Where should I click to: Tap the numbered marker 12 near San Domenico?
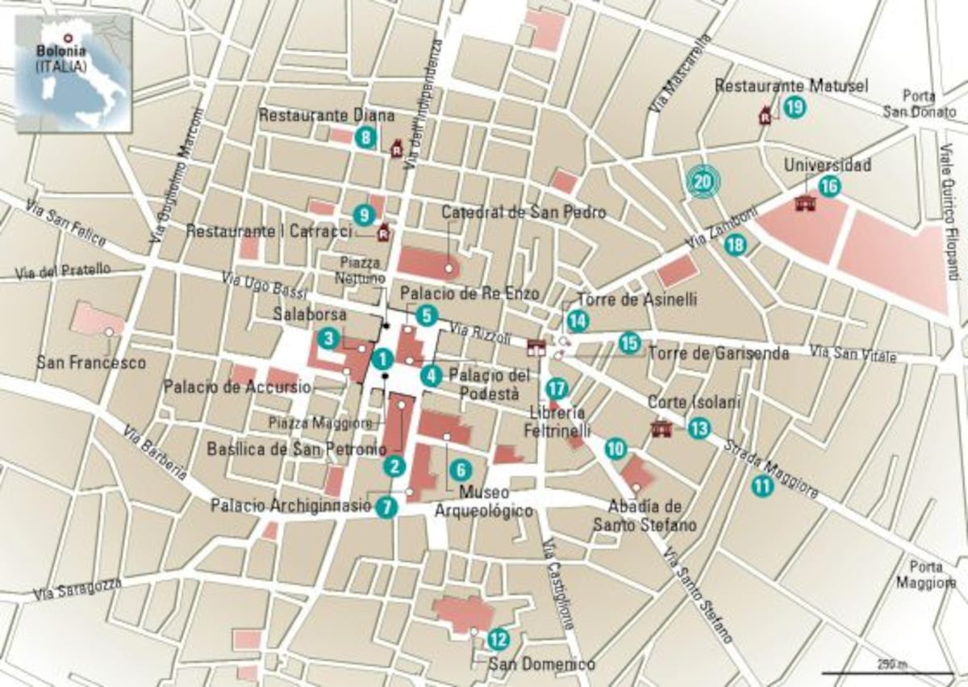click(x=499, y=639)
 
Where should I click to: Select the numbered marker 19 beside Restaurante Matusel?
click(x=794, y=106)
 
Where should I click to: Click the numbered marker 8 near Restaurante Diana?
click(x=366, y=137)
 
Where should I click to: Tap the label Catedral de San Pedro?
click(x=523, y=212)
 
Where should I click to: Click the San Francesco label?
click(x=91, y=363)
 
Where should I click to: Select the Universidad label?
click(x=828, y=165)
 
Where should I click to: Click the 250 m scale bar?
click(x=887, y=672)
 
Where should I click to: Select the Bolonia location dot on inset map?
click(x=69, y=36)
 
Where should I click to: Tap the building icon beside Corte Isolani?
click(x=661, y=427)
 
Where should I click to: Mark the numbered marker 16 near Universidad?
click(x=828, y=186)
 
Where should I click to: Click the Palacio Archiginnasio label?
click(x=290, y=506)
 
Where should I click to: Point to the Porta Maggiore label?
click(x=929, y=574)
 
